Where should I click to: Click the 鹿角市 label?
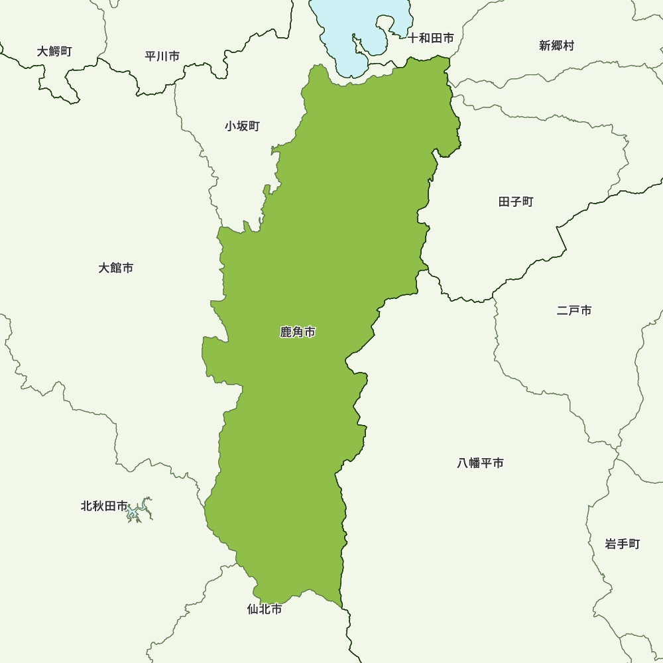[x=298, y=332]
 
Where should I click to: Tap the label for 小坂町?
[x=242, y=126]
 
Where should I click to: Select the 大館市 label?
[x=116, y=268]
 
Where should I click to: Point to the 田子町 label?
[x=516, y=202]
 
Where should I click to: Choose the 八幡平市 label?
[x=481, y=463]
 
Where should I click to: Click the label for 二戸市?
[x=574, y=310]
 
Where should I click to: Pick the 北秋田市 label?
[x=104, y=506]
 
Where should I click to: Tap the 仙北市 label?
[x=265, y=609]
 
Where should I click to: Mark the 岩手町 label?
[x=623, y=544]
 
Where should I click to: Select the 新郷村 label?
[x=556, y=46]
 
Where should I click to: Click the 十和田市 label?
[x=431, y=38]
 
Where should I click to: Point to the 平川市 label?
[x=162, y=56]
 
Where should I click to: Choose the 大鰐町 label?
[x=55, y=51]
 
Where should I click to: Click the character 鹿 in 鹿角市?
[x=286, y=332]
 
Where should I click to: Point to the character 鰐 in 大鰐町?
[x=55, y=51]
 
